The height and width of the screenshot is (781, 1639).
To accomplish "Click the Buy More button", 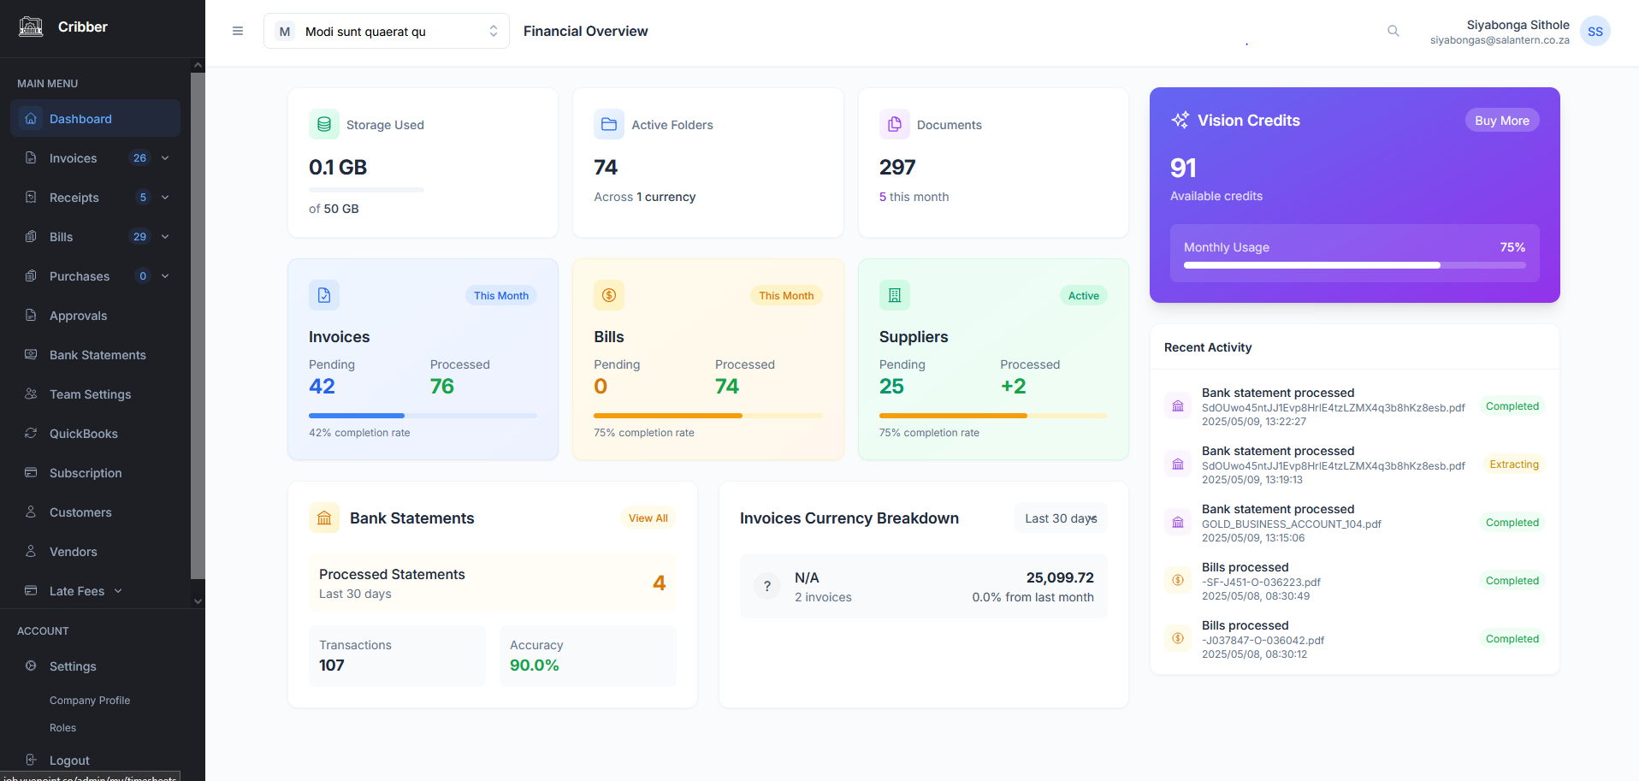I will [x=1501, y=121].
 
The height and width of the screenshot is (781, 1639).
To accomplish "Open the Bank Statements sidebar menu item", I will [x=98, y=355].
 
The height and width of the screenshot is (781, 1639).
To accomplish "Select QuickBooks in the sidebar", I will [x=83, y=434].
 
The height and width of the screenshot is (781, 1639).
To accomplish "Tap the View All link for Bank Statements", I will [x=648, y=518].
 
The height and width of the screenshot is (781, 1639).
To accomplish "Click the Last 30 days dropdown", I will [x=1060, y=518].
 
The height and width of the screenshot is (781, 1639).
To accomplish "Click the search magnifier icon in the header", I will [x=1393, y=32].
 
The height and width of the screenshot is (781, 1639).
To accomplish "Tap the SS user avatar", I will [x=1595, y=32].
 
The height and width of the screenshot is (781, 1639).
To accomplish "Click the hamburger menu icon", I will [x=238, y=32].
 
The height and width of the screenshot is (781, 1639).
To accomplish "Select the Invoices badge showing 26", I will [x=139, y=158].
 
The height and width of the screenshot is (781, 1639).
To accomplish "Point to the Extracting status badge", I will [x=1513, y=464].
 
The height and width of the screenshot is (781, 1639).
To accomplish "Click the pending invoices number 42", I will [x=322, y=387].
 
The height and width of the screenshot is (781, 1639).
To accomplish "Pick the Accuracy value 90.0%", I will [x=534, y=666].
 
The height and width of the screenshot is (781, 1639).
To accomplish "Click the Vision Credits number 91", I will [x=1183, y=168].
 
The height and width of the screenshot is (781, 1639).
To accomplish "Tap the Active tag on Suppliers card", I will [x=1083, y=296].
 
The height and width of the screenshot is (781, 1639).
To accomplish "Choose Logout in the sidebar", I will [x=69, y=760].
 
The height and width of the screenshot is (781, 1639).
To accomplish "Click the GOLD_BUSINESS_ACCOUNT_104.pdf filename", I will [x=1291, y=524].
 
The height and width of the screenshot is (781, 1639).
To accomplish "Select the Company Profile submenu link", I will [x=90, y=701].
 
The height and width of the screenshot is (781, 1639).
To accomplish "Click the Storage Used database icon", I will [x=324, y=125].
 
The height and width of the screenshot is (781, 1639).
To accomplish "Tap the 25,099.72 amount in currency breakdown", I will [x=1059, y=578].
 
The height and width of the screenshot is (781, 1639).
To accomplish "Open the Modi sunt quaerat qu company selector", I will [x=386, y=32].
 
